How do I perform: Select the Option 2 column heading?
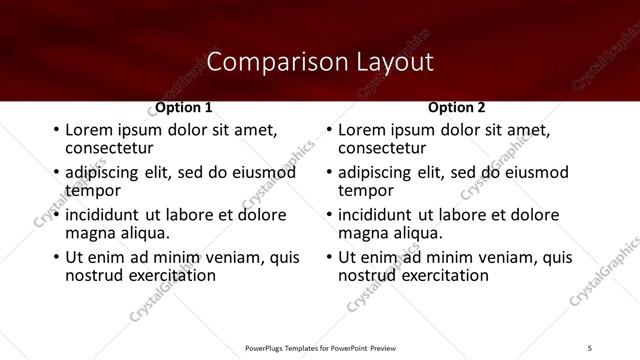[456, 107]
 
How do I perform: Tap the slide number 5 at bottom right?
[590, 346]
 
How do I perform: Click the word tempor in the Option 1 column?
[93, 190]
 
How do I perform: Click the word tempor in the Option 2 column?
[366, 190]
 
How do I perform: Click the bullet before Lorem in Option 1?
[56, 131]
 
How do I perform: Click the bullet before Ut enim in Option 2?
[329, 257]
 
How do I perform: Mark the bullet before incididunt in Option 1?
[56, 215]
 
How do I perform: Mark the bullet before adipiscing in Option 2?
[329, 173]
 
